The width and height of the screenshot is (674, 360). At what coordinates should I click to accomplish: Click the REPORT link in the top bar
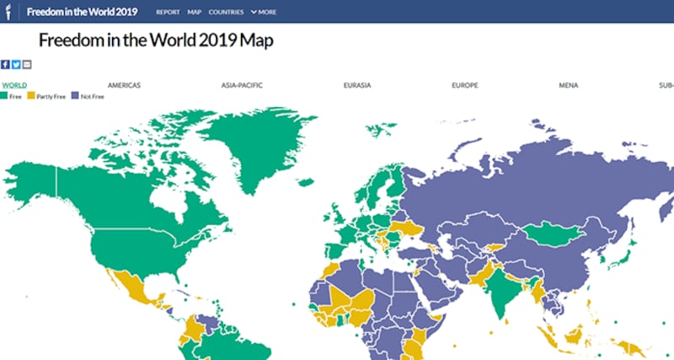click(x=168, y=12)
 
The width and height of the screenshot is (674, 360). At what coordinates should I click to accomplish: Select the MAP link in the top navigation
click(x=195, y=12)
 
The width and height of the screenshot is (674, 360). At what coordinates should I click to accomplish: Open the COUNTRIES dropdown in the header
click(x=226, y=12)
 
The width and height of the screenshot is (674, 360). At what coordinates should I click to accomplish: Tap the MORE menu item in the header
click(x=265, y=12)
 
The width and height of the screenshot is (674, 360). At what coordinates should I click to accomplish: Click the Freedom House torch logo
click(x=8, y=12)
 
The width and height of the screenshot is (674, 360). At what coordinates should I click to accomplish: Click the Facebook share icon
click(x=5, y=65)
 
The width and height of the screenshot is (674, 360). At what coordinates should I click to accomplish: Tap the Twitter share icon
click(x=16, y=65)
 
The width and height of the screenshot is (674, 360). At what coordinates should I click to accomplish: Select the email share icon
click(x=27, y=65)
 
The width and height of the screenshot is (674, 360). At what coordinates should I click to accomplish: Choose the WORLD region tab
click(x=14, y=85)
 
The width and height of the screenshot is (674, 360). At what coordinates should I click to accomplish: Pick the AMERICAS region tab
click(x=124, y=85)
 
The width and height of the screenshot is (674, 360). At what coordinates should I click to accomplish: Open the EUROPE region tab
click(x=465, y=85)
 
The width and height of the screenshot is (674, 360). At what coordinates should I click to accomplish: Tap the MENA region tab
click(x=568, y=85)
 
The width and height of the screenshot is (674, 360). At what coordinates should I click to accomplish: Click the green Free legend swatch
click(x=5, y=96)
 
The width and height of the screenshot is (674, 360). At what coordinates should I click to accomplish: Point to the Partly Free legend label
click(x=51, y=96)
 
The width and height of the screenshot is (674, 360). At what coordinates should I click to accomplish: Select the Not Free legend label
click(x=91, y=96)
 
